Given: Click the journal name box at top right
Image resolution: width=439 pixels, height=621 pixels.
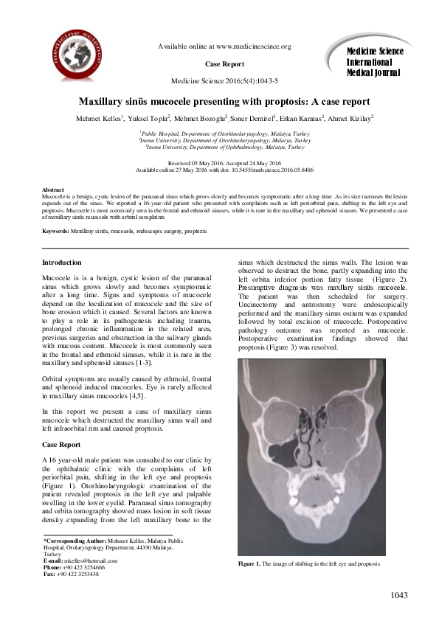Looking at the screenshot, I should click(374, 60).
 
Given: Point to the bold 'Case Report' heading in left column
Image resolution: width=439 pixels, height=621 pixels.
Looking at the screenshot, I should click(61, 445).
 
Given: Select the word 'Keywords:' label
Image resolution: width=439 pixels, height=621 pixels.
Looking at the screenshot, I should click(55, 211).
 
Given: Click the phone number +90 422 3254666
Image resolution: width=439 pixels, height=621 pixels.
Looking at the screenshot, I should click(84, 567).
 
